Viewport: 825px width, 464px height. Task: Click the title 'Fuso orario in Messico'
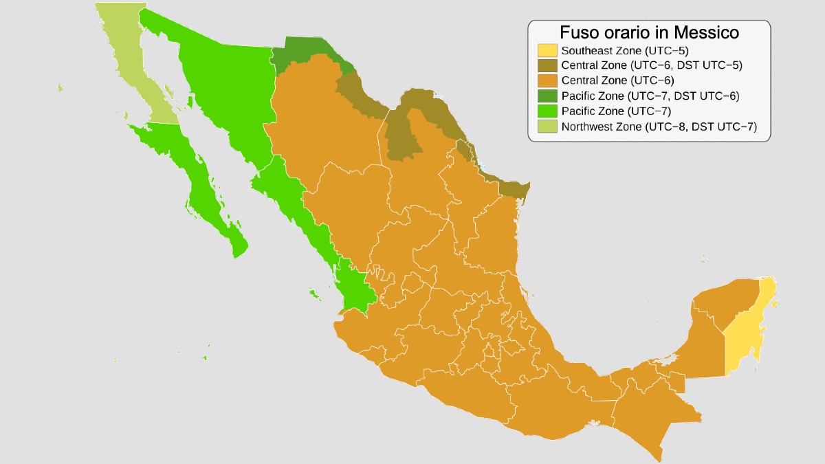click(x=649, y=32)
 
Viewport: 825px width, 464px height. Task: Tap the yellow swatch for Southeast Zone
click(x=547, y=50)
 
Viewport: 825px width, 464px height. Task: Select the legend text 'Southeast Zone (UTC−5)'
click(x=625, y=50)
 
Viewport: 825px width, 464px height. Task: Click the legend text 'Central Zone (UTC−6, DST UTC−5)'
click(x=652, y=65)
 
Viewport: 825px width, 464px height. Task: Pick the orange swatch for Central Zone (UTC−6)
click(x=547, y=80)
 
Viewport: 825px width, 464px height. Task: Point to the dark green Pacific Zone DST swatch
click(x=547, y=96)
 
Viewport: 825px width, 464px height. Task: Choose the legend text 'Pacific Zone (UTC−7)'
click(x=616, y=111)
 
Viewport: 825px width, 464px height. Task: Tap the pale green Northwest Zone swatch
click(x=547, y=126)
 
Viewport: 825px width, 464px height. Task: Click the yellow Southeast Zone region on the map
click(x=746, y=330)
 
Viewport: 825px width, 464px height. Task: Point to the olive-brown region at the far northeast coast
click(x=512, y=188)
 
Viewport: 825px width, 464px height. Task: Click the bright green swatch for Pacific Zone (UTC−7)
click(x=547, y=111)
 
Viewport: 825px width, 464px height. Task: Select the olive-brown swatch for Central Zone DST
click(x=547, y=65)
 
